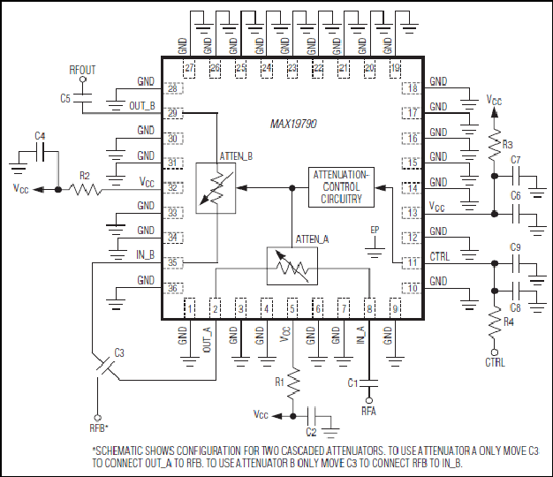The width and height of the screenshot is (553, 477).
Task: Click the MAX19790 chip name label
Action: [x=293, y=124]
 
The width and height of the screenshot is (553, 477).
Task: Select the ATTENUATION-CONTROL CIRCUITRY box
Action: [x=341, y=187]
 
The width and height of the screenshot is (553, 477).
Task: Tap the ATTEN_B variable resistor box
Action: [x=216, y=188]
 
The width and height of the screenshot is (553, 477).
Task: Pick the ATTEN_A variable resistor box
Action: [x=292, y=266]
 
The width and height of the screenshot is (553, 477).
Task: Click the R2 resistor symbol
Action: [x=85, y=190]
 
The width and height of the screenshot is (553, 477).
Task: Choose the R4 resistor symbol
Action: [x=495, y=322]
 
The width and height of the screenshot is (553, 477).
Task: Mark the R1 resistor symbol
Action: [x=293, y=384]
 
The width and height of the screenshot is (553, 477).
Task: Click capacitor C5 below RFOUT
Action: [x=82, y=98]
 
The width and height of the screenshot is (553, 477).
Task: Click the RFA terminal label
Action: [x=368, y=411]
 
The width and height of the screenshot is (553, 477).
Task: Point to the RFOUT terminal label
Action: [x=82, y=70]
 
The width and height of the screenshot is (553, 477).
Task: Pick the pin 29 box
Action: [x=172, y=113]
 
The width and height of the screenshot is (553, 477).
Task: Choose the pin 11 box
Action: [x=412, y=262]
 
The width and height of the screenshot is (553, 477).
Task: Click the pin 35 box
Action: [x=172, y=262]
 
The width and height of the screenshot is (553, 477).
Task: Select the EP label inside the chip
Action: [x=375, y=231]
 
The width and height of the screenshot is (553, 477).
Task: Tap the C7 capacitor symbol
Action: [x=516, y=176]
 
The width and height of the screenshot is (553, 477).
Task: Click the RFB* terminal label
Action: [x=99, y=428]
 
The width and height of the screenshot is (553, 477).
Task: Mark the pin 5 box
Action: [x=292, y=309]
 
